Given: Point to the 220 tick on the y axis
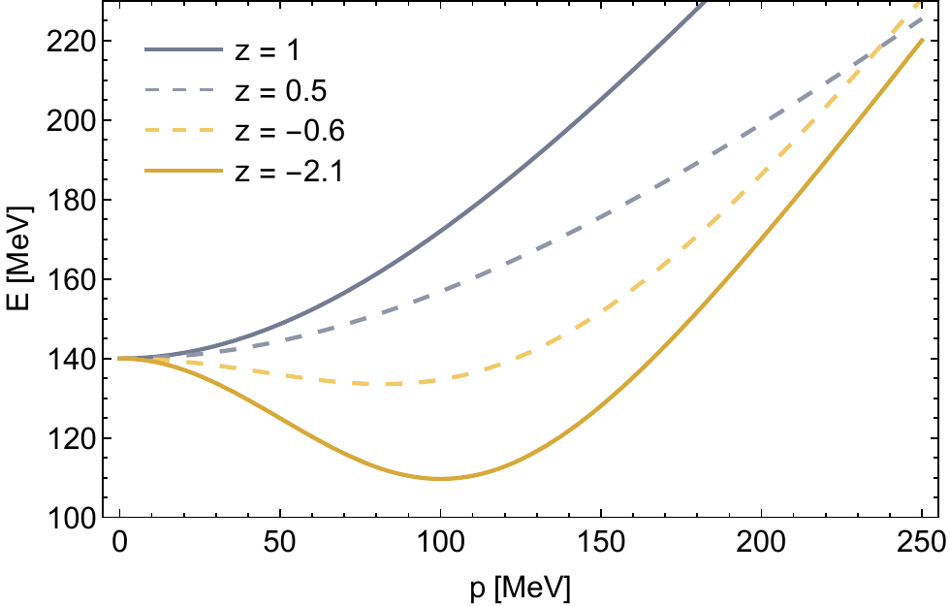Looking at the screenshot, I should click(x=73, y=41).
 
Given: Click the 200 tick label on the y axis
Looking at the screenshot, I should click(x=73, y=120).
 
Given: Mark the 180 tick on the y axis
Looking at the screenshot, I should click(x=73, y=200).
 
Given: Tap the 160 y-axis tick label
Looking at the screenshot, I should click(x=73, y=279).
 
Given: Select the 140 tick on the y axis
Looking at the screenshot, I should click(x=73, y=359).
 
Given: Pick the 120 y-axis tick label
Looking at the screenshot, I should click(x=73, y=438).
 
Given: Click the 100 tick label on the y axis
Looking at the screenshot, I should click(x=73, y=518).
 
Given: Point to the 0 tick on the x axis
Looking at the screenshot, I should click(x=120, y=543).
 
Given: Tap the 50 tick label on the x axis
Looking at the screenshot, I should click(x=280, y=543).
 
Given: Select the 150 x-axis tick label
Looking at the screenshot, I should click(x=601, y=543).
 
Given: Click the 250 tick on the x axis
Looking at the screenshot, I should click(x=922, y=543).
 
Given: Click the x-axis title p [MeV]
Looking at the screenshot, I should click(x=521, y=586).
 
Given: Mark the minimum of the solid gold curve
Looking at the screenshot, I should click(x=440, y=478).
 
